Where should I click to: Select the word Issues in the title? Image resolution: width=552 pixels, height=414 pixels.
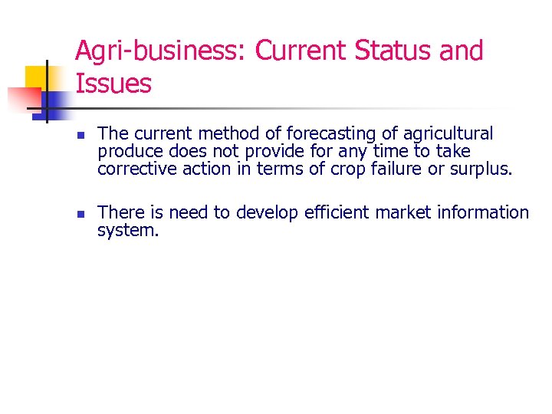click(113, 84)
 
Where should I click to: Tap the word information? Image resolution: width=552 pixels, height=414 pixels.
click(483, 212)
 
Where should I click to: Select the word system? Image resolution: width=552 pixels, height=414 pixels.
click(128, 230)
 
